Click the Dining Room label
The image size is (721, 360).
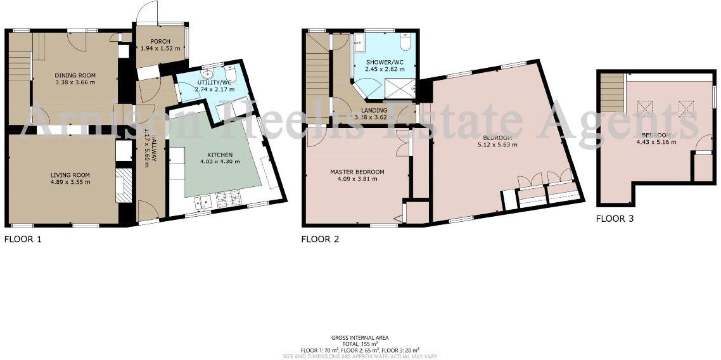(x=75, y=74)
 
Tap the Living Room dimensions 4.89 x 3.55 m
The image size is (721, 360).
(x=70, y=183)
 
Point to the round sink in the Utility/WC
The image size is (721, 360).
(x=203, y=73)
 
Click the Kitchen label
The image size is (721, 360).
(x=220, y=155)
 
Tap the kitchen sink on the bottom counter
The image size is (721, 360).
(x=203, y=202)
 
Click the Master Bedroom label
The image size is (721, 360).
(x=357, y=171)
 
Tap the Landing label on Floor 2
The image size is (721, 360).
(x=374, y=110)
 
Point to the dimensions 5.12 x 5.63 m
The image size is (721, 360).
(x=497, y=145)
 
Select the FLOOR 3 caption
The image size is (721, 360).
(x=615, y=219)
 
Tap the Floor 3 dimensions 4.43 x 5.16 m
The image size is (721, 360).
(x=658, y=142)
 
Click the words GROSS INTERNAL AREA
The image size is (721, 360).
(x=360, y=338)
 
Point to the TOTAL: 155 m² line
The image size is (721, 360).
(x=360, y=344)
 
